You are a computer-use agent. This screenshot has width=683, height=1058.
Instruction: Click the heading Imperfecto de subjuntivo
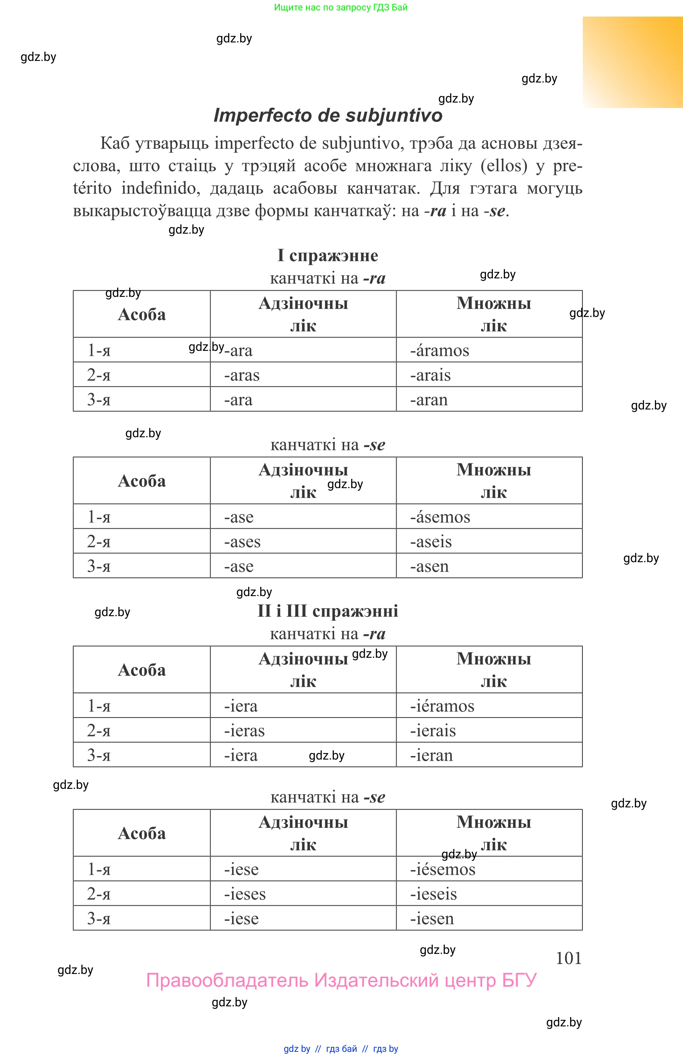coord(328,115)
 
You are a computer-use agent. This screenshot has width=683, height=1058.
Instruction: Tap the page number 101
coord(568,958)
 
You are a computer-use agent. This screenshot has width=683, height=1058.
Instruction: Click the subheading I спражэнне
coord(328,256)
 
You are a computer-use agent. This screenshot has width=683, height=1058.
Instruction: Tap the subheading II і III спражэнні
coord(328,611)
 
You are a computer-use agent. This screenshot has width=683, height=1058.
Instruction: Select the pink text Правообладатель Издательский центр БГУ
coord(341,980)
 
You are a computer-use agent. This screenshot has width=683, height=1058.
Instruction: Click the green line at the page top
coord(341,7)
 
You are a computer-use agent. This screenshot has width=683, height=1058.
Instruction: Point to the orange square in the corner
coord(633,62)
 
